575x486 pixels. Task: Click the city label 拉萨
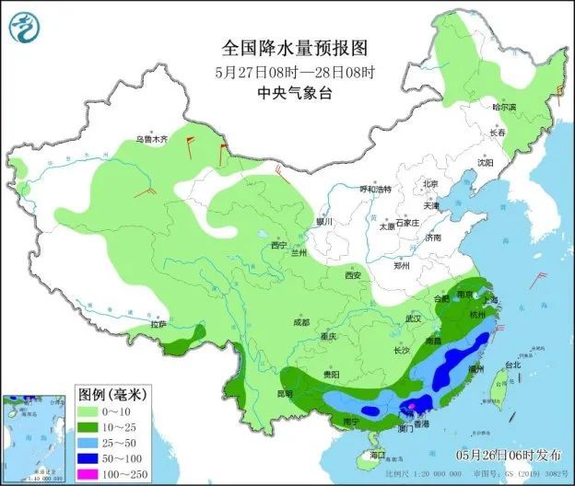158,324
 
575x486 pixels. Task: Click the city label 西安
353,275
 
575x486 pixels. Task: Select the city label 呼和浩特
375,189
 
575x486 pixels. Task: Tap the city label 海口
376,456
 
